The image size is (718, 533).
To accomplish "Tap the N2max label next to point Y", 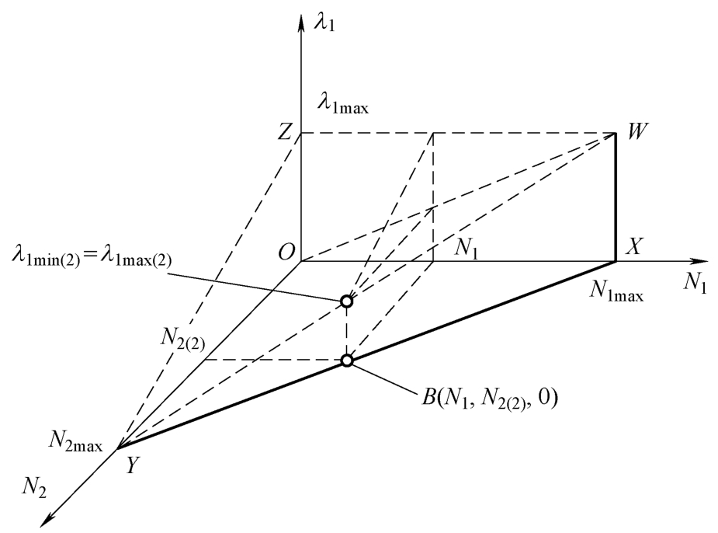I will pyautogui.click(x=75, y=440).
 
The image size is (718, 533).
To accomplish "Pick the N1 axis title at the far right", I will pyautogui.click(x=695, y=283).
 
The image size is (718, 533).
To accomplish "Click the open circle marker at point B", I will pyautogui.click(x=347, y=361).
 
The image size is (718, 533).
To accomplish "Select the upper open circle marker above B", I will pyautogui.click(x=347, y=301).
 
